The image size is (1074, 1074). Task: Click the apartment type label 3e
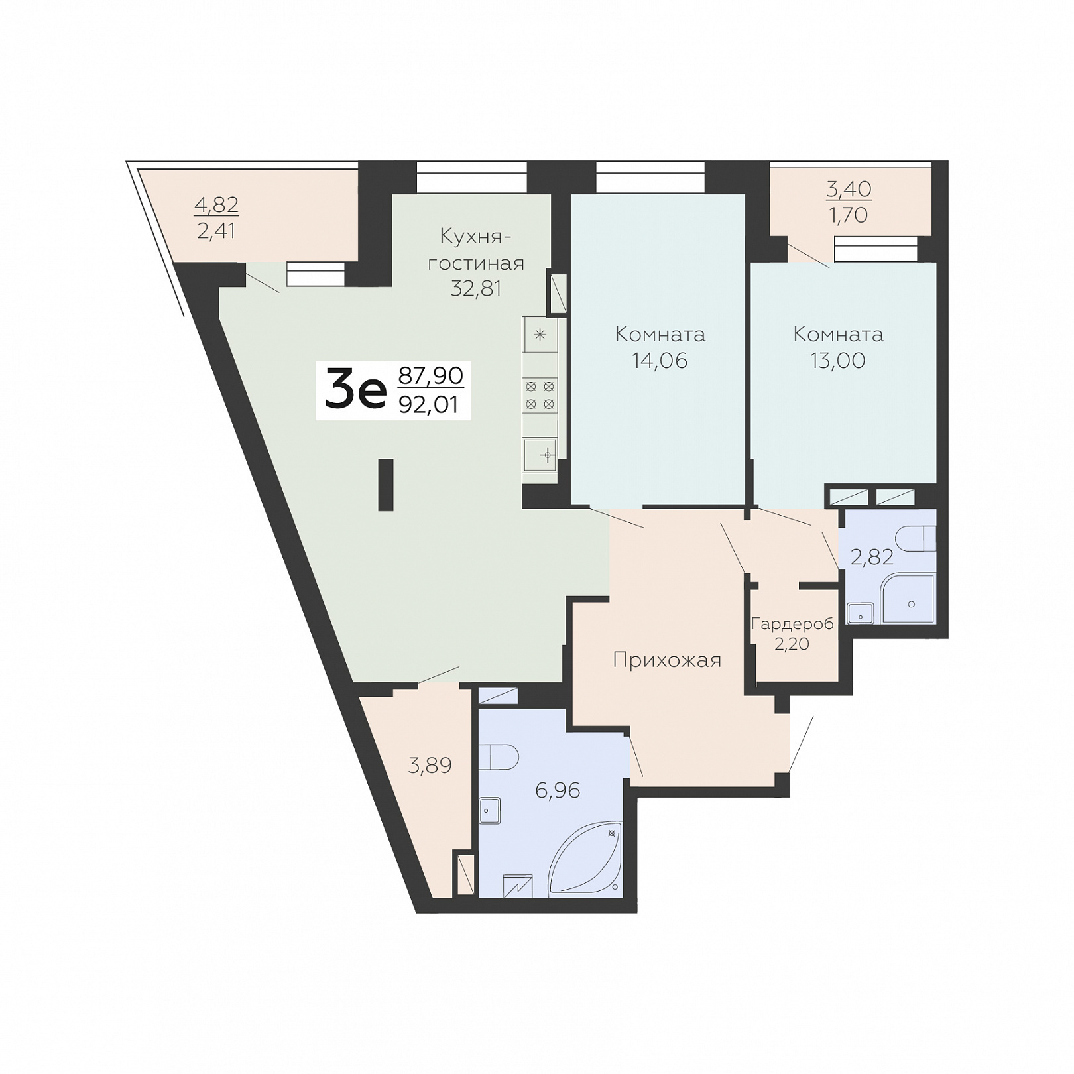coord(355,391)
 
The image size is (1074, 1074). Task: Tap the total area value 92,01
coord(429,404)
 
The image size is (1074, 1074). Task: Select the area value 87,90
coord(430,375)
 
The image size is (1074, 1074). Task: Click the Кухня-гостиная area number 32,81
coord(476,288)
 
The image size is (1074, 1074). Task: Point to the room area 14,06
coord(660,360)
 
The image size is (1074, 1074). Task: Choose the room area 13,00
coord(837,360)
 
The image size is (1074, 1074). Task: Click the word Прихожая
coord(667,660)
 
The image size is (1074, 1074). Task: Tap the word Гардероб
coord(792,624)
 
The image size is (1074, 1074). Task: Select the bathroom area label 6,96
coord(558,790)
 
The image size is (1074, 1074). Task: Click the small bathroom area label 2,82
coord(872,557)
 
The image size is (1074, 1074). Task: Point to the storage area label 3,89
coord(430,766)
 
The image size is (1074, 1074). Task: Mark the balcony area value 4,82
coord(216,205)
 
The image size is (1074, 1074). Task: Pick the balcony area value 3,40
coord(849,189)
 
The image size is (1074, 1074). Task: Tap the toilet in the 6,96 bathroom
coord(498,756)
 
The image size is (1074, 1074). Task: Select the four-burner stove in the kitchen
coord(540,395)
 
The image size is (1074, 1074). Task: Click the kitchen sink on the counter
coord(540,455)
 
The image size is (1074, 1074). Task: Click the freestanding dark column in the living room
coord(385,485)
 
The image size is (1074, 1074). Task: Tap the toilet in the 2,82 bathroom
coord(916,538)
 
